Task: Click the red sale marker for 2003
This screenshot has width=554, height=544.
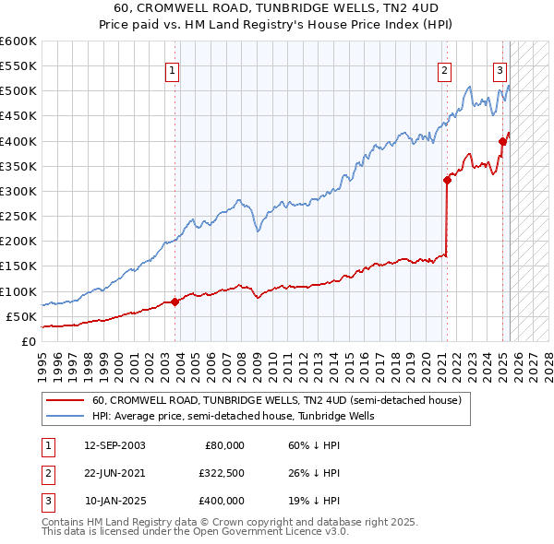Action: pyautogui.click(x=175, y=302)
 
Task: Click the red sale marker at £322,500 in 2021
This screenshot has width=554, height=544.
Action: pyautogui.click(x=447, y=181)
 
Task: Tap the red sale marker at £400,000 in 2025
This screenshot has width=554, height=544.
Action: pyautogui.click(x=502, y=141)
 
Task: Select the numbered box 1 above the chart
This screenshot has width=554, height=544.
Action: pyautogui.click(x=173, y=69)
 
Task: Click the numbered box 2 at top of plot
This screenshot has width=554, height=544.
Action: pyautogui.click(x=445, y=69)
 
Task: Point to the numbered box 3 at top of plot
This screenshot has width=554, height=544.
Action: pyautogui.click(x=500, y=69)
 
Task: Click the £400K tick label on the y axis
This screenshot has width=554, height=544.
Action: pyautogui.click(x=18, y=141)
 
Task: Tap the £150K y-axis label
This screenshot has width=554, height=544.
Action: pyautogui.click(x=18, y=266)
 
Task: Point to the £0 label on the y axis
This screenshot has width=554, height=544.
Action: pyautogui.click(x=28, y=341)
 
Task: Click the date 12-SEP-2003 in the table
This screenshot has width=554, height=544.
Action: pyautogui.click(x=114, y=445)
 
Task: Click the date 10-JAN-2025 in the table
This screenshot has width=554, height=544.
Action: pyautogui.click(x=114, y=501)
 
